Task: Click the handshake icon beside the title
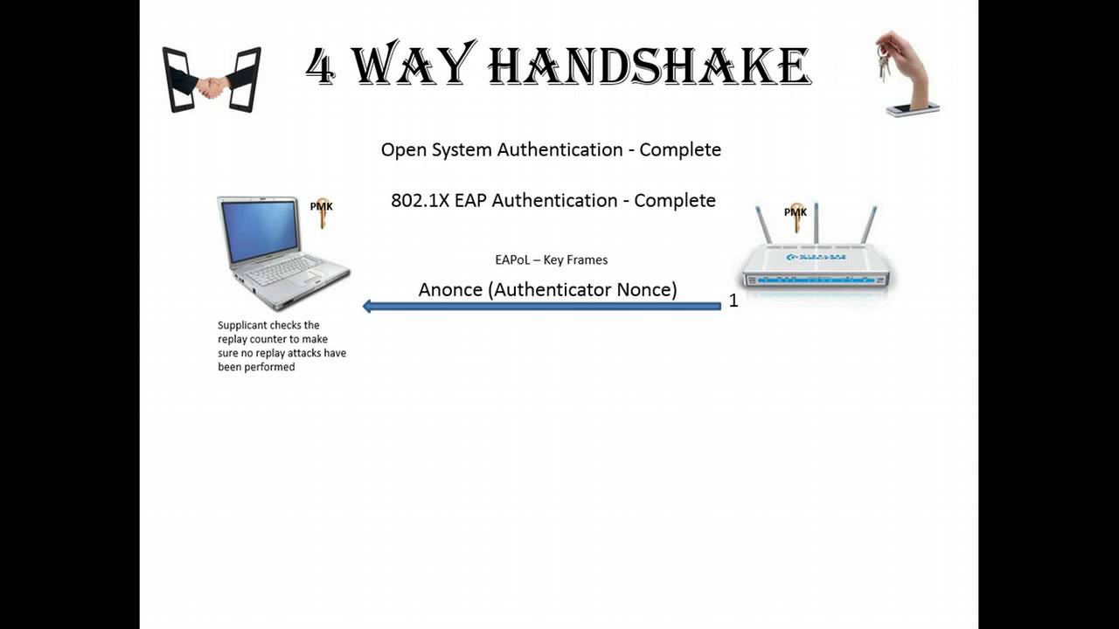point(212,80)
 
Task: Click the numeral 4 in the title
point(321,67)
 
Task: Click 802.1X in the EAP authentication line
point(420,201)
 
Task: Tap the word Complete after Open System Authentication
point(680,150)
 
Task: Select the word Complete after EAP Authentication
point(675,201)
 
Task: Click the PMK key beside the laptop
point(323,212)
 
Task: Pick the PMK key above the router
point(796,217)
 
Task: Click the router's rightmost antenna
point(869,225)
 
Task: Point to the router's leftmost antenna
point(762,225)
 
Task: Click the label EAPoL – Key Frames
point(551,260)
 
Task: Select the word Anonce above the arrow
point(450,290)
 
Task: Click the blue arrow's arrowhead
point(368,306)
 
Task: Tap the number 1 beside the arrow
point(733,301)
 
